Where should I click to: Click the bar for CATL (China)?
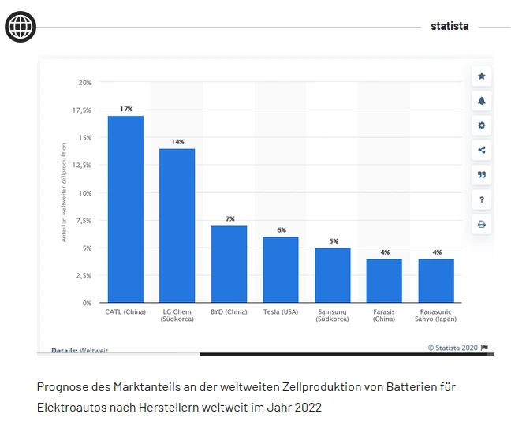pos(125,209)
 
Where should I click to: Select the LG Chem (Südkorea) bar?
pos(177,225)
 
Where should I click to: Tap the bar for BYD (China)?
pos(229,264)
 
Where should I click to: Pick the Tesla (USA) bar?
pos(280,270)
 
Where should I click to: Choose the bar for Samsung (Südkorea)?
pos(332,275)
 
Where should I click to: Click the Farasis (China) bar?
pos(384,281)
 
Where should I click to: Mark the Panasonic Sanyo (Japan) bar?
pos(436,281)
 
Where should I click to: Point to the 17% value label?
pos(125,109)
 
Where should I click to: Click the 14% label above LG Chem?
pos(177,142)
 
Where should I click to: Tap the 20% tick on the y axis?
pos(84,83)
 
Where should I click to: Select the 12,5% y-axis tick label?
pos(81,166)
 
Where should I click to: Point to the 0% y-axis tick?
pos(86,303)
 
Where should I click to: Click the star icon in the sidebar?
pos(482,76)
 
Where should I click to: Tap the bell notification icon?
pos(482,101)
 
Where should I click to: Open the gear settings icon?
pos(482,125)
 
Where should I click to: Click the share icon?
pos(482,150)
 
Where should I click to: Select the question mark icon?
pos(482,199)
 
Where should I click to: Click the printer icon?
pos(482,224)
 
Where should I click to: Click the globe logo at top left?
pos(21,27)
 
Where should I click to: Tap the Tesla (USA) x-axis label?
pos(280,312)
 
